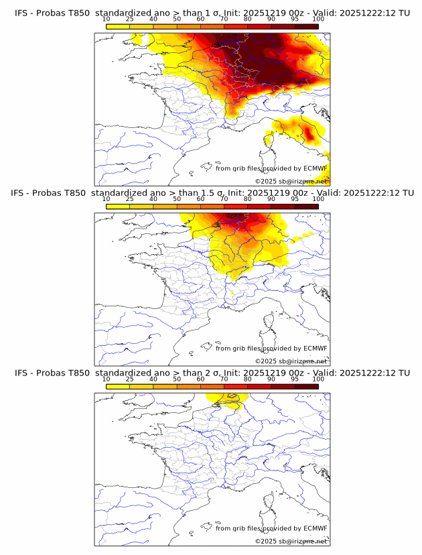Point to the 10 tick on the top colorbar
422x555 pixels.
click(x=107, y=19)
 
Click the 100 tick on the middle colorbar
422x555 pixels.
click(x=318, y=199)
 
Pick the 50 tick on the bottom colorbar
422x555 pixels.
click(x=177, y=379)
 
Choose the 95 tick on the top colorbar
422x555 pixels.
click(x=295, y=19)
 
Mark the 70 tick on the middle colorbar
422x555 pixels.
click(x=224, y=199)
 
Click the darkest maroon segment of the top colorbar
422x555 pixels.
click(x=306, y=26)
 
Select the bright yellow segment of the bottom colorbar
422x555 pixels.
click(x=118, y=386)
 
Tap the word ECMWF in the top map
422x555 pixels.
click(x=315, y=168)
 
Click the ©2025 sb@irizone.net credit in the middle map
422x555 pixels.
click(x=291, y=361)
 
